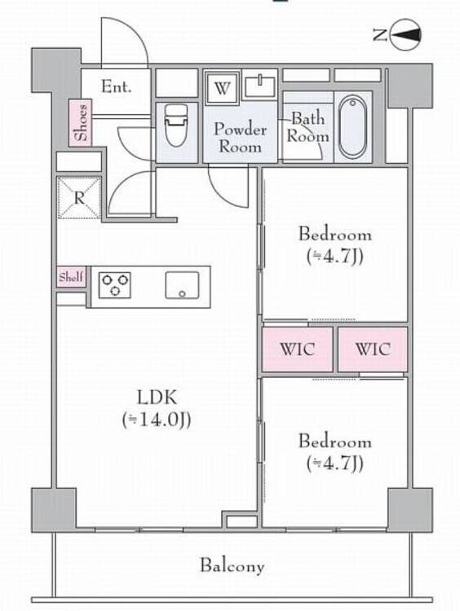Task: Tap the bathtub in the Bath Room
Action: (352, 126)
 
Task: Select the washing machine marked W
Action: (222, 88)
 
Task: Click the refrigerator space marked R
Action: (79, 198)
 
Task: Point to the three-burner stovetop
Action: (115, 285)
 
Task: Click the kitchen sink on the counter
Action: (182, 285)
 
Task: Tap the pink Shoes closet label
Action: (81, 123)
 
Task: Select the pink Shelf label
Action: (71, 277)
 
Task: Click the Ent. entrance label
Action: (116, 86)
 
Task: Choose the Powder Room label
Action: (240, 138)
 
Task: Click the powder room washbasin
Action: (259, 86)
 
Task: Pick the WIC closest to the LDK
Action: (298, 349)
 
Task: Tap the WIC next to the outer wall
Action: (373, 349)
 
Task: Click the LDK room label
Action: (157, 397)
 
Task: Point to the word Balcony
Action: (232, 566)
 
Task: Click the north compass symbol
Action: (406, 35)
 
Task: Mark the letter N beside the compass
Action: (380, 36)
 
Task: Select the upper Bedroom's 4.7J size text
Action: (334, 257)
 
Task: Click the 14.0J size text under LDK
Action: (157, 420)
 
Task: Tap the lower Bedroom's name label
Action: (334, 441)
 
